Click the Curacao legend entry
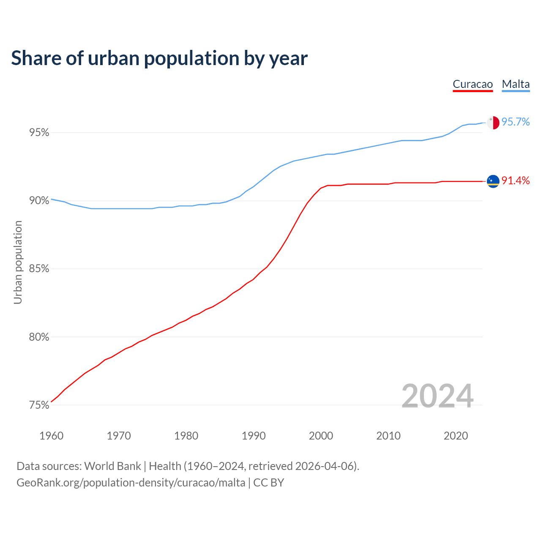pyautogui.click(x=473, y=84)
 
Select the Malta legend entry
pyautogui.click(x=516, y=84)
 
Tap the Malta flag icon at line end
pyautogui.click(x=493, y=123)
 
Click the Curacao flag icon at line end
pyautogui.click(x=493, y=181)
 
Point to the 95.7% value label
pyautogui.click(x=516, y=122)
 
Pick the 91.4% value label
pyautogui.click(x=516, y=181)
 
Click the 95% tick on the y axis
pyautogui.click(x=39, y=133)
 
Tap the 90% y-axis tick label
pyautogui.click(x=39, y=201)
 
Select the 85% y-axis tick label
pyautogui.click(x=39, y=269)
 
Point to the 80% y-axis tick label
pyautogui.click(x=39, y=337)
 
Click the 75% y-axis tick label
pyautogui.click(x=39, y=405)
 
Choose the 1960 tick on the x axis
pyautogui.click(x=51, y=436)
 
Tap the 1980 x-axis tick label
pyautogui.click(x=186, y=436)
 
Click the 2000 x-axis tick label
pyautogui.click(x=321, y=436)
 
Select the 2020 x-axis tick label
pyautogui.click(x=456, y=436)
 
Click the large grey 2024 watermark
pyautogui.click(x=437, y=396)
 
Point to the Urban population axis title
pyautogui.click(x=18, y=262)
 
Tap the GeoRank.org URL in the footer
pyautogui.click(x=131, y=483)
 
